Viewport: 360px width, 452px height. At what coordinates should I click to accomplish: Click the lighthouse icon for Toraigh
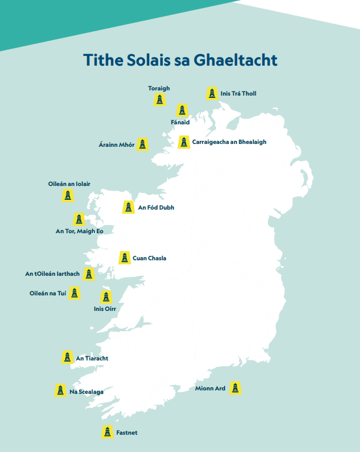(x=160, y=100)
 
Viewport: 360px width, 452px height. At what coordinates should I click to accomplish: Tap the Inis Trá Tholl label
(x=238, y=93)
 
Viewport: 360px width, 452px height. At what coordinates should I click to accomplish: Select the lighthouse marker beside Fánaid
(x=182, y=110)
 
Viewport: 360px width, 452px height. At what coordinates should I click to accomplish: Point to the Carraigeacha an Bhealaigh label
(x=229, y=142)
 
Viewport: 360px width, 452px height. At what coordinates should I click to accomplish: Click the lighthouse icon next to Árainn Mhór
(x=143, y=145)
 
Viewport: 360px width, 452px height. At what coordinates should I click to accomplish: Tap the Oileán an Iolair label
(x=69, y=184)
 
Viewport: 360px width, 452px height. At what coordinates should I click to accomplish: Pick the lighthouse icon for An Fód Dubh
(x=128, y=207)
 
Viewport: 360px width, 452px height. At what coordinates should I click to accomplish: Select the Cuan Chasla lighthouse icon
(x=124, y=258)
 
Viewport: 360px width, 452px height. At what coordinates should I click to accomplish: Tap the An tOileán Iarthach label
(x=52, y=274)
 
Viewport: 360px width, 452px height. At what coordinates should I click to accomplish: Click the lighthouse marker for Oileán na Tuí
(x=74, y=293)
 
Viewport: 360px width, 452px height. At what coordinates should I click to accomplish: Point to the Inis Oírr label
(x=105, y=309)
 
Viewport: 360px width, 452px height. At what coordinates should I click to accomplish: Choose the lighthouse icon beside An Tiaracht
(x=67, y=358)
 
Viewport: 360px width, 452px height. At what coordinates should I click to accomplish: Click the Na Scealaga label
(x=86, y=392)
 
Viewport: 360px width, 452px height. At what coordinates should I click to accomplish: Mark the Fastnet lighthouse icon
(x=107, y=432)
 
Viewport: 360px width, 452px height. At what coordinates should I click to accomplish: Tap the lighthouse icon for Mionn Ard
(x=235, y=388)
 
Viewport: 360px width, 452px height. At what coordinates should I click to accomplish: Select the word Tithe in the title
(x=103, y=60)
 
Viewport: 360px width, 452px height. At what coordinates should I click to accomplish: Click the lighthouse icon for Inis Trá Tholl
(x=212, y=93)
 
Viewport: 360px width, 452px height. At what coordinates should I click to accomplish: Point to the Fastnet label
(x=127, y=432)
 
